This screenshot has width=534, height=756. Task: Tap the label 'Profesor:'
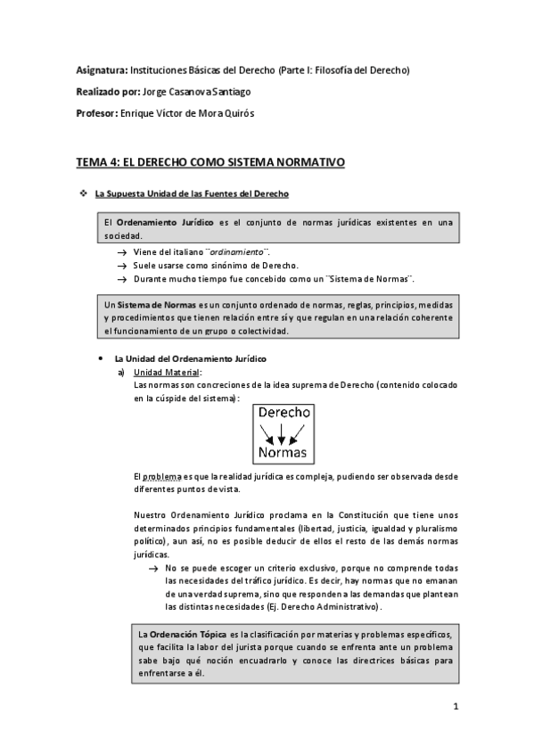[97, 115]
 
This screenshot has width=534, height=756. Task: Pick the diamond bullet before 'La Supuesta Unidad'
[82, 193]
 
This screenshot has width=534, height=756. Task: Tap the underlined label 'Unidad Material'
[167, 372]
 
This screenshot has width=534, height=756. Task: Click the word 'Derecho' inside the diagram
[283, 415]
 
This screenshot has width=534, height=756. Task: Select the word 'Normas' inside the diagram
[283, 453]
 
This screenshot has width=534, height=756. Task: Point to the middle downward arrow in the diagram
[283, 434]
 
